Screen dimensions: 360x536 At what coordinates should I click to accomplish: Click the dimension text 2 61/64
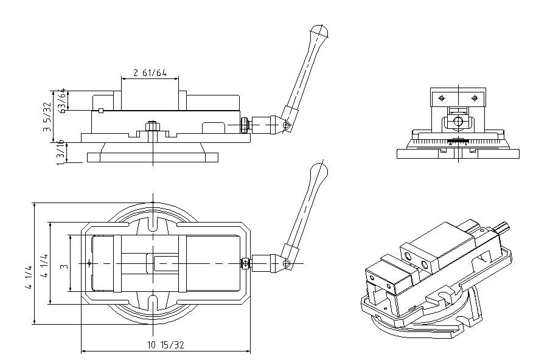tap(150, 73)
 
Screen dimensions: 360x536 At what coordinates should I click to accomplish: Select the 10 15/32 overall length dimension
tap(165, 345)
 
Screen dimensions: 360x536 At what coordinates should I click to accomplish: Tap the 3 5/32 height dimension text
tap(47, 117)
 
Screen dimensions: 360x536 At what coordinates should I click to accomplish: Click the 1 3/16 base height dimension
tap(60, 152)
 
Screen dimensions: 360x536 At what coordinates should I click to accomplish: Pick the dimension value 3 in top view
tap(63, 265)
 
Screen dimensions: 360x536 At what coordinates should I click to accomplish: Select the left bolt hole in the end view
tap(442, 98)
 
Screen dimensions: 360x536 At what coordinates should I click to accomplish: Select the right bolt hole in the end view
tap(475, 98)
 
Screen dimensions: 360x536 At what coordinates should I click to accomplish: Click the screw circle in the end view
tap(458, 122)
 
